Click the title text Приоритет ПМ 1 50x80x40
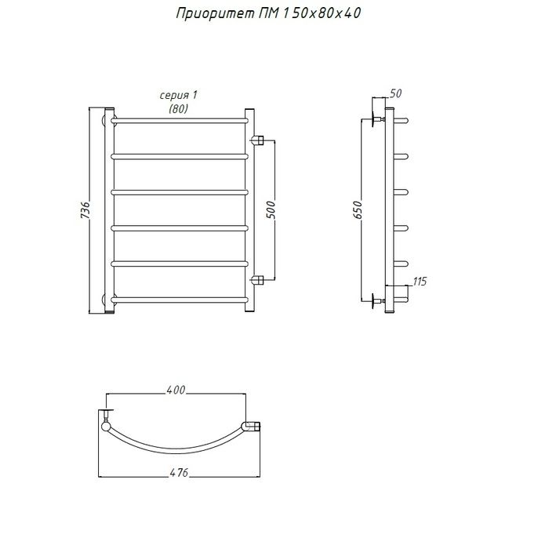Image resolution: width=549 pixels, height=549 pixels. point(268,14)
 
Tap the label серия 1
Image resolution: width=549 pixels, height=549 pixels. point(179,95)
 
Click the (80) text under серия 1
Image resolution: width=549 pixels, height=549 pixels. point(179,109)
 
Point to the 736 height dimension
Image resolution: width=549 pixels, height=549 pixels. point(85,210)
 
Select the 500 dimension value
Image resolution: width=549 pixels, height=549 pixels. point(271,209)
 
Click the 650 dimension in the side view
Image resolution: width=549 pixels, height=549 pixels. point(357,209)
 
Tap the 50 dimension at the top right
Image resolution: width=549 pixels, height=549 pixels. point(395,93)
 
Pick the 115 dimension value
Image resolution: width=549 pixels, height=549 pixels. point(420,282)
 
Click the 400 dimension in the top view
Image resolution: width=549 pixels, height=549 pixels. point(176,390)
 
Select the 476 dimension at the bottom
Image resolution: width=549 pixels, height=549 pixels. point(179,473)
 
